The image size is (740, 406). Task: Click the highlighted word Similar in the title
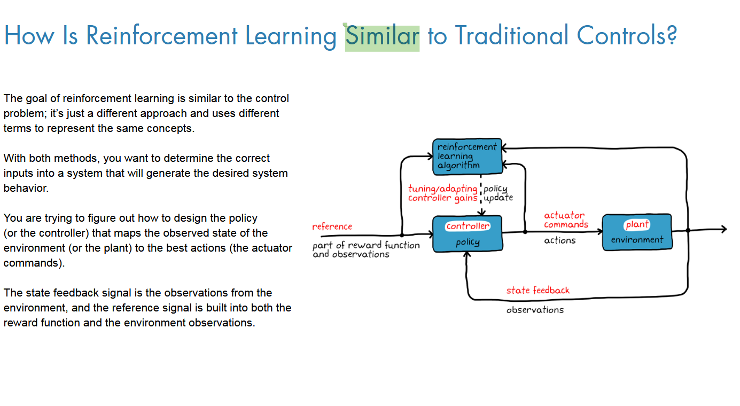(x=382, y=36)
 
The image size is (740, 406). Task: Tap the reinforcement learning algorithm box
(x=467, y=156)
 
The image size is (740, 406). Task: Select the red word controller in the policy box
(x=468, y=226)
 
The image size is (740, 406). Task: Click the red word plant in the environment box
(x=637, y=225)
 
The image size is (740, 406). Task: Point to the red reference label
(x=332, y=227)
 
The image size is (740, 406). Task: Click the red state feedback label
(x=538, y=291)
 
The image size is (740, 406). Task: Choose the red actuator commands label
(x=565, y=220)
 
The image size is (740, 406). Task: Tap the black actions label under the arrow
(x=559, y=241)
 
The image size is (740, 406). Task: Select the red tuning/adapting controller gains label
(x=442, y=193)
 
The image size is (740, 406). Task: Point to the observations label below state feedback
(x=535, y=310)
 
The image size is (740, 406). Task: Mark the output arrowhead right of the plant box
(x=723, y=230)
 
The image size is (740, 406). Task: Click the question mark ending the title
(x=672, y=36)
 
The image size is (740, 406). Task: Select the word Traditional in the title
(x=504, y=36)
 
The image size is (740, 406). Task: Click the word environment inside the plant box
(x=637, y=240)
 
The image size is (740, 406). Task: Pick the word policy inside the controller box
(x=468, y=243)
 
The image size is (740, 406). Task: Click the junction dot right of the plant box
(x=688, y=230)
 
